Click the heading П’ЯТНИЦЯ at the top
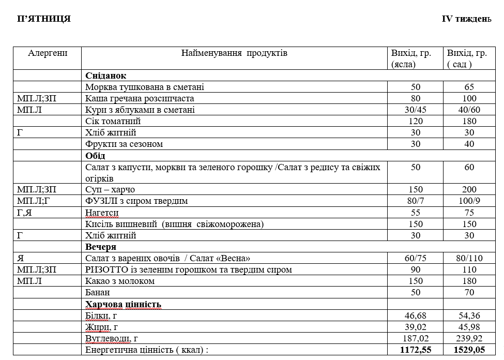tap(44, 19)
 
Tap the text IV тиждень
tap(466, 19)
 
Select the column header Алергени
tap(48, 53)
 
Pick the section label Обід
tap(96, 155)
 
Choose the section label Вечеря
tap(101, 247)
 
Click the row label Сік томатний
tap(113, 121)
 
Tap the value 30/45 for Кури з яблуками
tap(416, 110)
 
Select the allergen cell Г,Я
tap(25, 213)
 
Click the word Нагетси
tap(102, 213)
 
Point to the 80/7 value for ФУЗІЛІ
tap(416, 201)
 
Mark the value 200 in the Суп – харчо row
tap(469, 190)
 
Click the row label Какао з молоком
tap(120, 281)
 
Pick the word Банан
tap(98, 292)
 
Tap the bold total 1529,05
tap(469, 350)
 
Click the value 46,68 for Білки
tap(416, 316)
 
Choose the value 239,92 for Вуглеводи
tap(469, 338)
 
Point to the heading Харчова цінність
tap(124, 304)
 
